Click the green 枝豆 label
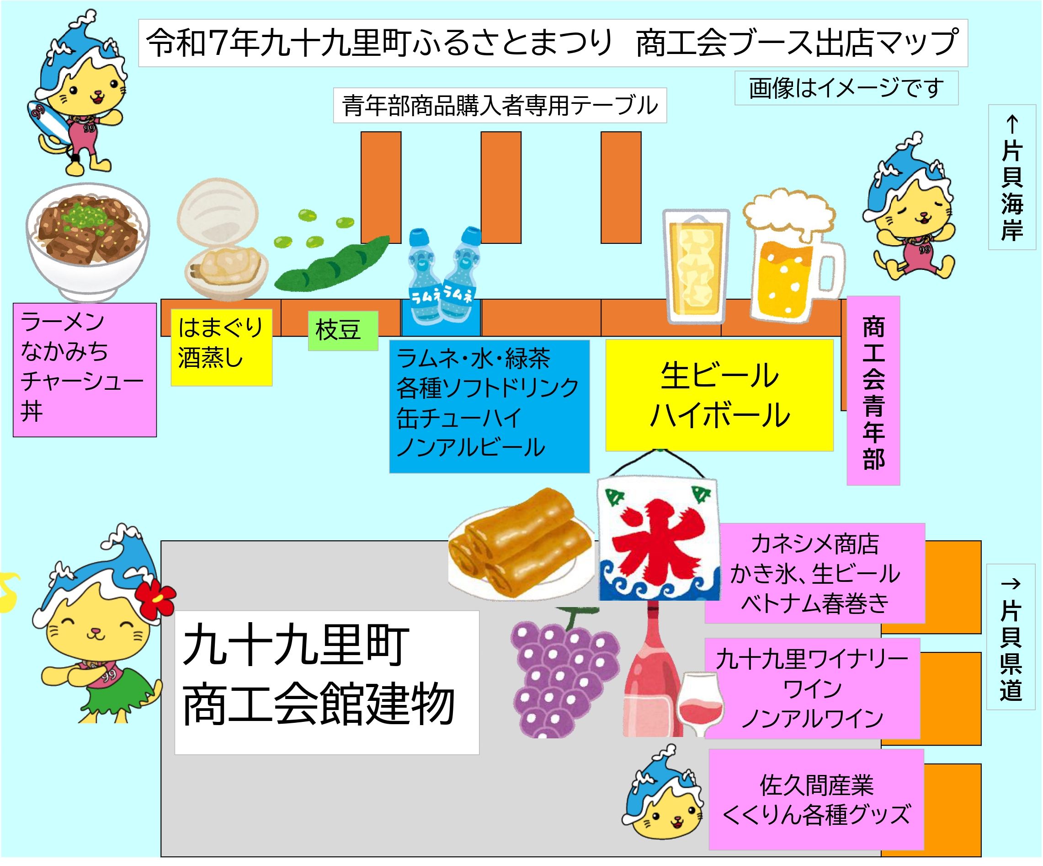click(x=343, y=330)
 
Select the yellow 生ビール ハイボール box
click(x=719, y=395)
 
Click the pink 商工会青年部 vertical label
click(x=873, y=391)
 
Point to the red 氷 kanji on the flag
click(x=659, y=539)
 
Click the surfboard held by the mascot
click(x=45, y=122)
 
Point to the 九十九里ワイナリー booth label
click(x=812, y=688)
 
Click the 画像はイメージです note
click(x=846, y=88)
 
